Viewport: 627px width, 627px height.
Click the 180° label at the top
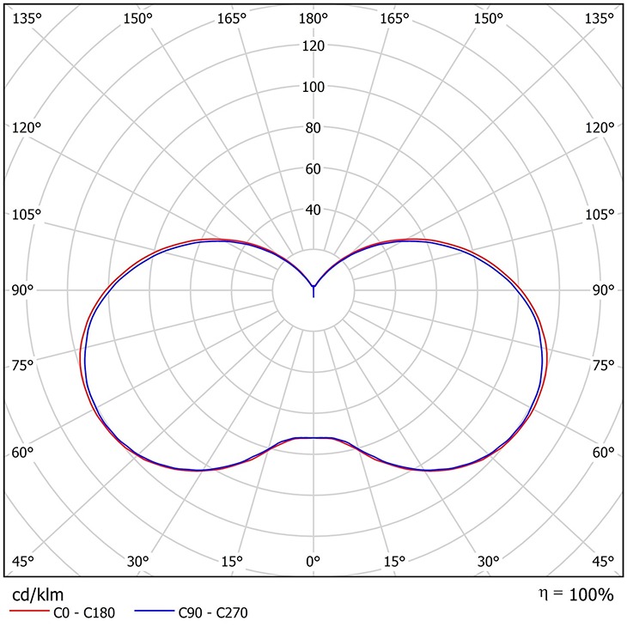click(x=313, y=18)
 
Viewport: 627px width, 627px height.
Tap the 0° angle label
click(x=313, y=562)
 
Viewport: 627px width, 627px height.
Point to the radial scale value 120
click(x=313, y=46)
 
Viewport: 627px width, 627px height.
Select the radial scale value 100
click(x=313, y=87)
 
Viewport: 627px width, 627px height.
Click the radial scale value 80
click(x=313, y=128)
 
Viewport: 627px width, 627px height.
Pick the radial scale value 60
click(x=313, y=169)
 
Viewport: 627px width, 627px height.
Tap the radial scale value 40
click(x=313, y=210)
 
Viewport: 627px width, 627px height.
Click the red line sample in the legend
click(x=28, y=613)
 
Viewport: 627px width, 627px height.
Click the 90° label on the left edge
click(x=22, y=290)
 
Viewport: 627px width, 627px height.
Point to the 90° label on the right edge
click(x=604, y=290)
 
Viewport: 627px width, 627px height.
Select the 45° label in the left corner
click(x=22, y=562)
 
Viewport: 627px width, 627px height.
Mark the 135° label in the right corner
click(x=602, y=18)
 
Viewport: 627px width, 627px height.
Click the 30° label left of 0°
click(x=138, y=562)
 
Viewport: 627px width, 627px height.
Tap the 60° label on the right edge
click(x=604, y=454)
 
